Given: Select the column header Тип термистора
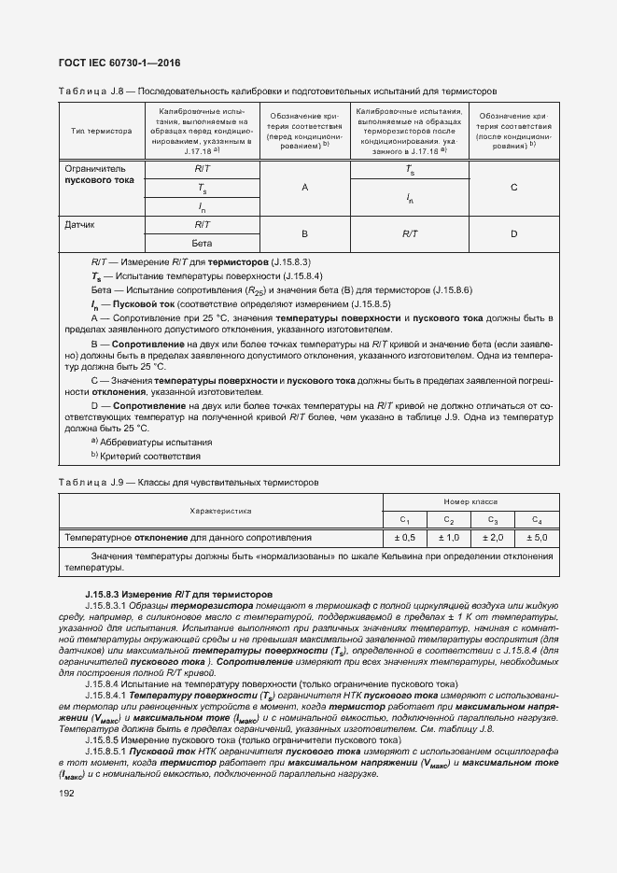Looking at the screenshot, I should click(x=101, y=131).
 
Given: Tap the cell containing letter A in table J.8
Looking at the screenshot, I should click(x=304, y=188).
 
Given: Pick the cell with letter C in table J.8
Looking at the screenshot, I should click(x=513, y=188).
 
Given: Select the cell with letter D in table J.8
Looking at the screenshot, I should click(x=513, y=233).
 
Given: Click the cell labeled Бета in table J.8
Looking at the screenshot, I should click(x=203, y=243).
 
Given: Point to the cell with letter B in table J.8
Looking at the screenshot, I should click(x=304, y=233).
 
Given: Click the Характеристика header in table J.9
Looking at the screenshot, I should click(x=221, y=512).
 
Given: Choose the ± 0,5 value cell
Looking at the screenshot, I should click(x=404, y=538).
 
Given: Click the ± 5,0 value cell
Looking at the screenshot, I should click(x=536, y=538).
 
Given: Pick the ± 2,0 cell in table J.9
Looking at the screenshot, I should click(x=492, y=538).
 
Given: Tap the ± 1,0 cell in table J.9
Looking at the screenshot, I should click(x=448, y=538).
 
